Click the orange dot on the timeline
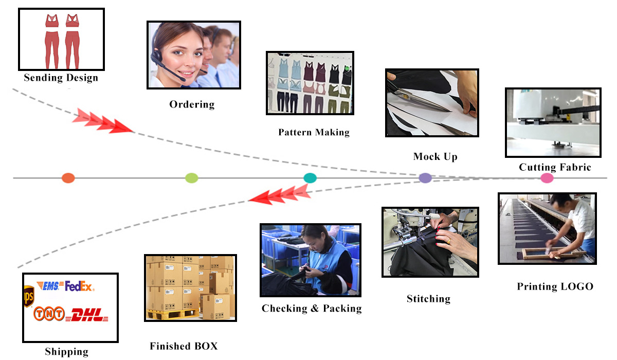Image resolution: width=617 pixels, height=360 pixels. (x=68, y=178)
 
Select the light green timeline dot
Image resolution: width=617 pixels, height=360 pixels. (x=191, y=178)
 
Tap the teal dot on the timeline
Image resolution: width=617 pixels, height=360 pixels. (x=310, y=178)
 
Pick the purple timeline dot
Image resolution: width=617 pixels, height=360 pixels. (x=425, y=178)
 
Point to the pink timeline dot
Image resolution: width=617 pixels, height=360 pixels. (x=547, y=178)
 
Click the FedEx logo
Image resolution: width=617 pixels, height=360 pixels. (x=79, y=286)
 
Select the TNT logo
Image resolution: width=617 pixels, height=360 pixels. (x=49, y=313)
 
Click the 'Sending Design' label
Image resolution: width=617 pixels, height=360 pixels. (x=61, y=78)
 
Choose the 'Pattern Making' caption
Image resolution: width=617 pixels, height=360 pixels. (x=314, y=132)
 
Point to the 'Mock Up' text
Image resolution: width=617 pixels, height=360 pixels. (x=435, y=156)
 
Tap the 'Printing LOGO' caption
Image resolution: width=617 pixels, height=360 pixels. (x=555, y=286)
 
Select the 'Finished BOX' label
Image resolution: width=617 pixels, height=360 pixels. (x=184, y=346)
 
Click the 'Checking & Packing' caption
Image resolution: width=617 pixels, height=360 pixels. (x=312, y=309)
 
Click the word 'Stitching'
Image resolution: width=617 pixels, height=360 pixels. (x=428, y=299)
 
